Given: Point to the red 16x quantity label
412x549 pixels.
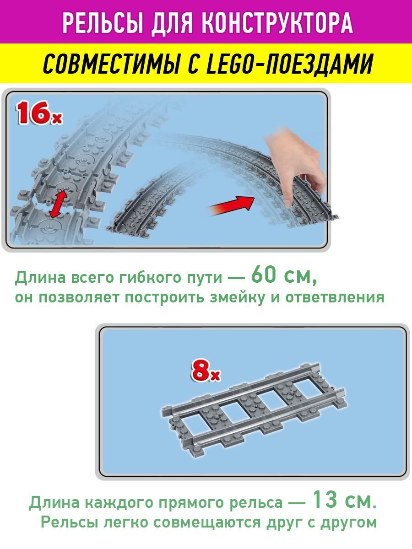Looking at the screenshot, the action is (x=39, y=113).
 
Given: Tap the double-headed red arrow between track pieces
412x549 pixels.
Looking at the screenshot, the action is (x=58, y=205).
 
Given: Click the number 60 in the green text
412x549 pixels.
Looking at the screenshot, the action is (x=266, y=275).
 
